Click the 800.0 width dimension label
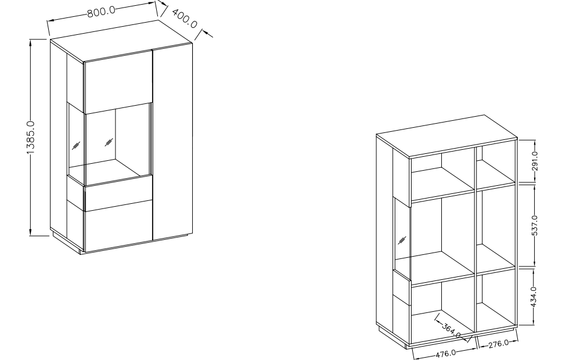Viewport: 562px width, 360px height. click(102, 11)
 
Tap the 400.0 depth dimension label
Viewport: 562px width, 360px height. click(185, 18)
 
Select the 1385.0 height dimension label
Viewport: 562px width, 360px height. click(31, 138)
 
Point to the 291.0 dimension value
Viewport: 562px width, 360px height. click(535, 161)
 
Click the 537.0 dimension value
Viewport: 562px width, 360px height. click(535, 225)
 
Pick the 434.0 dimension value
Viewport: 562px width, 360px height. click(534, 297)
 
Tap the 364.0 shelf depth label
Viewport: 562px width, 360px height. click(451, 330)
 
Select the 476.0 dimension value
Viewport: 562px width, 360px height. click(446, 354)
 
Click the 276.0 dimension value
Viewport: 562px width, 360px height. click(499, 344)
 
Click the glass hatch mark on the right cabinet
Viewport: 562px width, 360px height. click(402, 240)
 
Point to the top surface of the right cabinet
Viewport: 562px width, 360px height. click(446, 136)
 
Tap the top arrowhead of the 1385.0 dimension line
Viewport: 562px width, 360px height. click(31, 42)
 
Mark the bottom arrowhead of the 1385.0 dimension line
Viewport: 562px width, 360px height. click(31, 232)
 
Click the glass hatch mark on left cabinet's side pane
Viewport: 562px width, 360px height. click(75, 146)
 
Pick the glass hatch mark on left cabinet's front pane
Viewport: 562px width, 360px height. click(109, 142)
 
